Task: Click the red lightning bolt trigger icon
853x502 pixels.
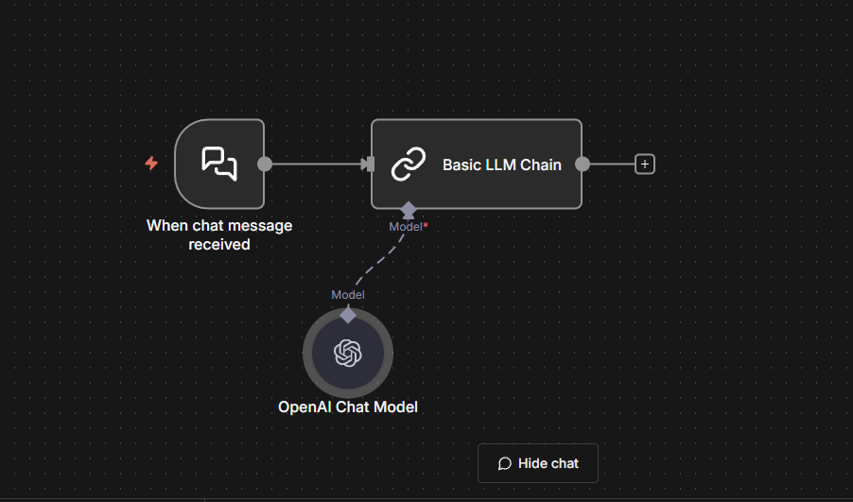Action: click(151, 164)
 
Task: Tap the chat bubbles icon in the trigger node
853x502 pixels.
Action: click(219, 164)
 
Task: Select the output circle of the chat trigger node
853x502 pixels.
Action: click(265, 164)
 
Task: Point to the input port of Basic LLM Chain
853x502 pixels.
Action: click(369, 164)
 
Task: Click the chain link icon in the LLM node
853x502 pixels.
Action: click(409, 164)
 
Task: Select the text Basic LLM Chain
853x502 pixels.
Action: click(501, 164)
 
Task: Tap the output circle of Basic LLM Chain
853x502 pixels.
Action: click(583, 164)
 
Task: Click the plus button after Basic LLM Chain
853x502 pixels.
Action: click(645, 164)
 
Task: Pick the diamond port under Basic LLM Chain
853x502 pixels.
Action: click(409, 209)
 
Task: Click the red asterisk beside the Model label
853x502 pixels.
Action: click(426, 226)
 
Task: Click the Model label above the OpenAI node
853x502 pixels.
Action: click(348, 295)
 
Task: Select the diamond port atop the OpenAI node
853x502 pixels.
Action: click(348, 315)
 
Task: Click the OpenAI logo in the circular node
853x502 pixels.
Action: click(348, 353)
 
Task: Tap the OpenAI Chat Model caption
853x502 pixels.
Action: click(348, 407)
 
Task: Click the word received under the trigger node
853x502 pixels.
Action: click(219, 244)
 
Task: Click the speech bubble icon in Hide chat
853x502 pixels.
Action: click(505, 463)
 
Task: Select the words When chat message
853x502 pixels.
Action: click(219, 226)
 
